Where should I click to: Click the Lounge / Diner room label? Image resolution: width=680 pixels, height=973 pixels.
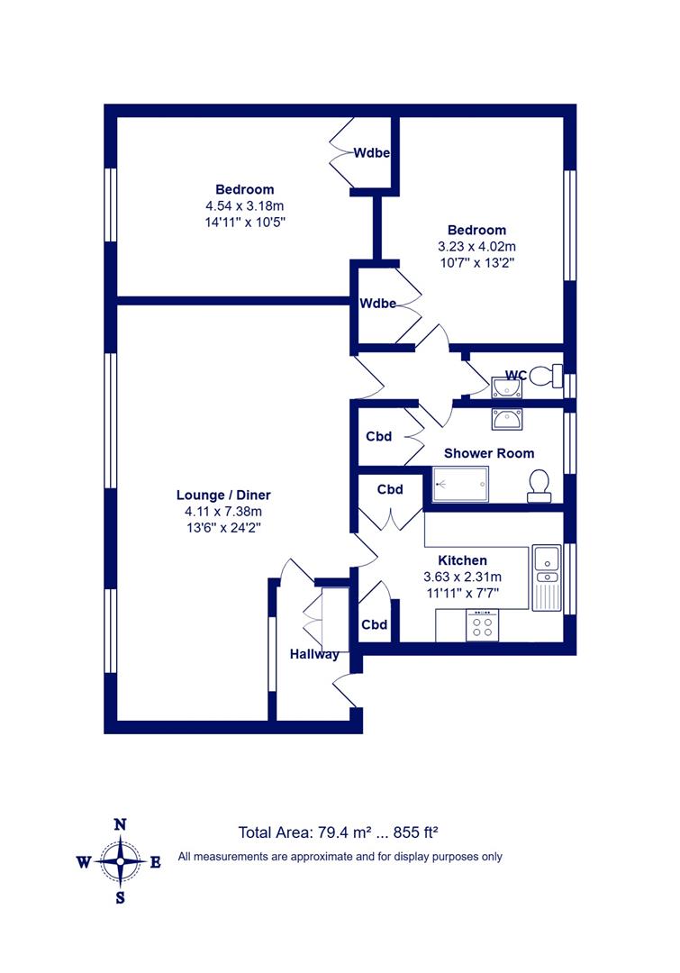pos(223,496)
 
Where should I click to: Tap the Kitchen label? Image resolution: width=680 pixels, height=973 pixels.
pos(462,560)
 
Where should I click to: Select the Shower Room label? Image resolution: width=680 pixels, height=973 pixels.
pos(489,453)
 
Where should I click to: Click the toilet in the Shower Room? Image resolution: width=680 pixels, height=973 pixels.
pos(539,486)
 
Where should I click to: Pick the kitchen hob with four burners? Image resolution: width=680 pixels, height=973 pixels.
pos(482,625)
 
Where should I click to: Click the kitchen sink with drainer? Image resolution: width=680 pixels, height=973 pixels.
pos(546,577)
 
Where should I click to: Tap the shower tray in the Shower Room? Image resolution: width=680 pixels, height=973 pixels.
pos(459,484)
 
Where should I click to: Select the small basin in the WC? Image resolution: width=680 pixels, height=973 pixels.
pos(506,387)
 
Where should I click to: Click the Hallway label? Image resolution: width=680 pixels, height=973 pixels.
pos(314,654)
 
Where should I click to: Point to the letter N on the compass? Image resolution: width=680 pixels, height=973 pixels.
pos(121,824)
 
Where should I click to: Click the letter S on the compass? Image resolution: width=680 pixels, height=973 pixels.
pos(121,898)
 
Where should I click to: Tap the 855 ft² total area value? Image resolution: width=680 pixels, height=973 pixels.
pos(416,832)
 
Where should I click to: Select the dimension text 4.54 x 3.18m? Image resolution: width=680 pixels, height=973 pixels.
pos(244,205)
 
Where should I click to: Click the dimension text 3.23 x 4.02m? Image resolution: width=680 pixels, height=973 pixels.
pos(476,246)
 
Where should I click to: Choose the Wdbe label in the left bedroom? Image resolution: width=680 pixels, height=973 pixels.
pos(372,152)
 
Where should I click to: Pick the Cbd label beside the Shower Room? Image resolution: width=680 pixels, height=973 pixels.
pos(378,436)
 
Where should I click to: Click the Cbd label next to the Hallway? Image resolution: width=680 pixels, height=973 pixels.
pos(374,624)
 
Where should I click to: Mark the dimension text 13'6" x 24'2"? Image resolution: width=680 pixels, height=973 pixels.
pos(223,528)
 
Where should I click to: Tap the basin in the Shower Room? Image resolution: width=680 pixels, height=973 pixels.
pos(506,420)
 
